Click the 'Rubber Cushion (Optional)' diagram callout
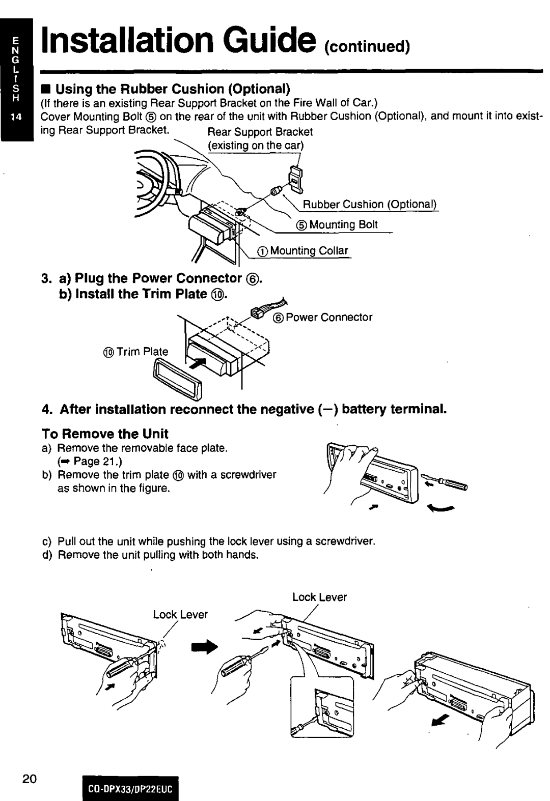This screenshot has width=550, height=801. click(x=371, y=205)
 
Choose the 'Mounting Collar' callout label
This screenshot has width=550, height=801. click(x=309, y=251)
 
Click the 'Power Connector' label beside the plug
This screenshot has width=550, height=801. click(x=328, y=317)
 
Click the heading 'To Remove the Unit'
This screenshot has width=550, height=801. click(x=104, y=434)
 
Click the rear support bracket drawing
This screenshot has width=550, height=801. click(x=294, y=176)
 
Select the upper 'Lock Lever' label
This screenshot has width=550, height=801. click(x=319, y=597)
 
